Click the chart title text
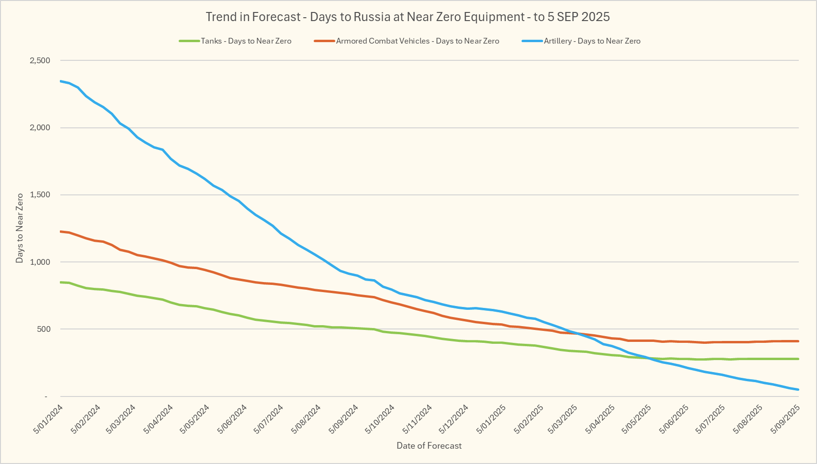[x=408, y=17]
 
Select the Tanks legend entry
[x=246, y=41]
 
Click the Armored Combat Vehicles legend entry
[x=417, y=41]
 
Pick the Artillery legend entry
[x=592, y=41]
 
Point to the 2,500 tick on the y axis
[x=40, y=61]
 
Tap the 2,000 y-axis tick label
[x=40, y=128]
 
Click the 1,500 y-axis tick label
[x=40, y=195]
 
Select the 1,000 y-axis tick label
[x=40, y=262]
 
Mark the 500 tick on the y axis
[x=44, y=329]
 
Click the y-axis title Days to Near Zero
[x=20, y=228]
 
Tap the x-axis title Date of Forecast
[x=429, y=446]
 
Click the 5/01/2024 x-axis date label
[x=48, y=419]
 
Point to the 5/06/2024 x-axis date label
[x=232, y=419]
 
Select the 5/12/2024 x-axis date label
[x=454, y=419]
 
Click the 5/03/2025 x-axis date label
[x=564, y=419]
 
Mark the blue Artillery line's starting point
[x=61, y=81]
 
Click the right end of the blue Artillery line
[x=798, y=389]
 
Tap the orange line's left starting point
[x=61, y=231]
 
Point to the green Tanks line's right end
[x=798, y=359]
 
